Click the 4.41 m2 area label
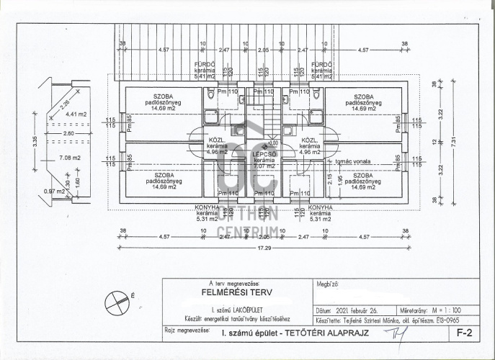pyautogui.click(x=76, y=114)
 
